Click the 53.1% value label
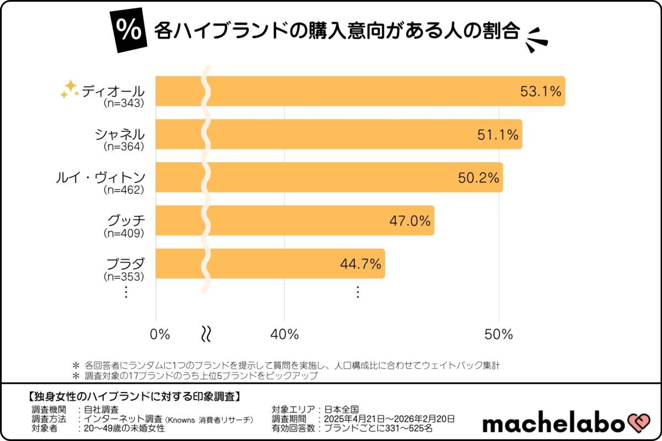tap(540, 92)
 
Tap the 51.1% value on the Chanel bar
tap(498, 135)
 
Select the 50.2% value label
tap(478, 178)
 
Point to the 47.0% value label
tap(409, 221)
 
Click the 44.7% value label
tap(360, 264)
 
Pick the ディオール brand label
tap(113, 91)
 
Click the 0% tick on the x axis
tap(160, 334)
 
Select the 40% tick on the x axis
tap(285, 334)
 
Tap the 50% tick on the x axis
tap(499, 334)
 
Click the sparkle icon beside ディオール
tap(70, 89)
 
